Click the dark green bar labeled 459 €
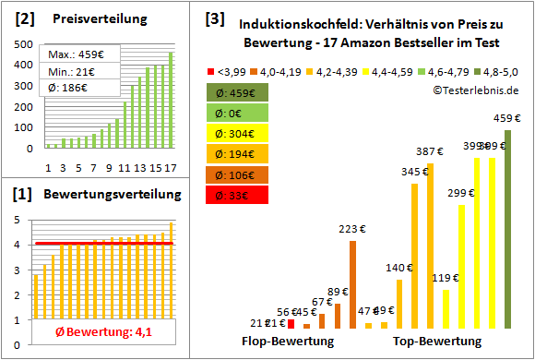pos(507,229)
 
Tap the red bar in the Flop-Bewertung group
pos(291,323)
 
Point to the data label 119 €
pos(446,277)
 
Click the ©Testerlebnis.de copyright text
pos(474,90)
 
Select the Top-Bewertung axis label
pos(436,342)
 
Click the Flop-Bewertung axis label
pos(287,342)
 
